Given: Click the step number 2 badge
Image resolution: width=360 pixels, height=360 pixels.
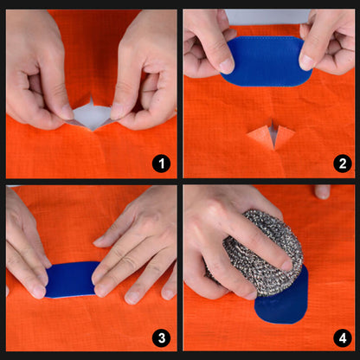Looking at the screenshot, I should point(338,162).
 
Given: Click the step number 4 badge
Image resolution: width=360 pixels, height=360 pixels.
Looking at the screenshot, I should point(338,337).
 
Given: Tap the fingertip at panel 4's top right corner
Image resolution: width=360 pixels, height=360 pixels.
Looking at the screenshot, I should point(323,190).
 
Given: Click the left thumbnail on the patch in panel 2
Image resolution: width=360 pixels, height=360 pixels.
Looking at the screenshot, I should point(226,66).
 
